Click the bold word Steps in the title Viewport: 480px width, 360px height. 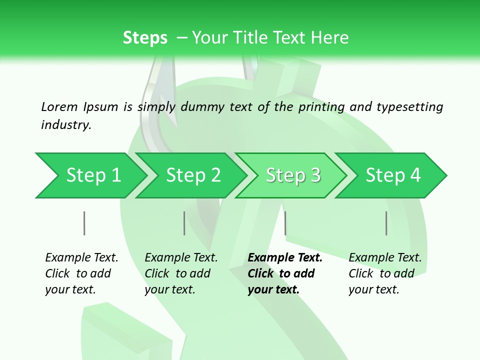click(145, 38)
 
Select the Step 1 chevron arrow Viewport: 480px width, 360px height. click(91, 175)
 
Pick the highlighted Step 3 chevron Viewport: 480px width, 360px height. click(291, 175)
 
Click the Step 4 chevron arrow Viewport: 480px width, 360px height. click(391, 175)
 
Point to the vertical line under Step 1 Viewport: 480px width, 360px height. click(84, 223)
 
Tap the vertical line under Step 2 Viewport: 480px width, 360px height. click(184, 223)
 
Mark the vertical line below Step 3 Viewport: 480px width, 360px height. click(285, 223)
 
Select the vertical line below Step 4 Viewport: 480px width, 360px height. click(386, 223)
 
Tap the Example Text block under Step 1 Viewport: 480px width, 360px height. click(81, 273)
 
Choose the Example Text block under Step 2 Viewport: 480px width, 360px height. click(181, 273)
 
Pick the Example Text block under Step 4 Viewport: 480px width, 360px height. click(385, 273)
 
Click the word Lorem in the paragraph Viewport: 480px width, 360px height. click(59, 107)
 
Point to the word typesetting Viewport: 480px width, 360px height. click(410, 107)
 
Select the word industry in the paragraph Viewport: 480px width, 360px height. click(65, 124)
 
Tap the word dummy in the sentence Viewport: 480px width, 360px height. click(202, 107)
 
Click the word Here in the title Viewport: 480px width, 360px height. click(330, 37)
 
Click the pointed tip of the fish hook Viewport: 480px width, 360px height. click(176, 126)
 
